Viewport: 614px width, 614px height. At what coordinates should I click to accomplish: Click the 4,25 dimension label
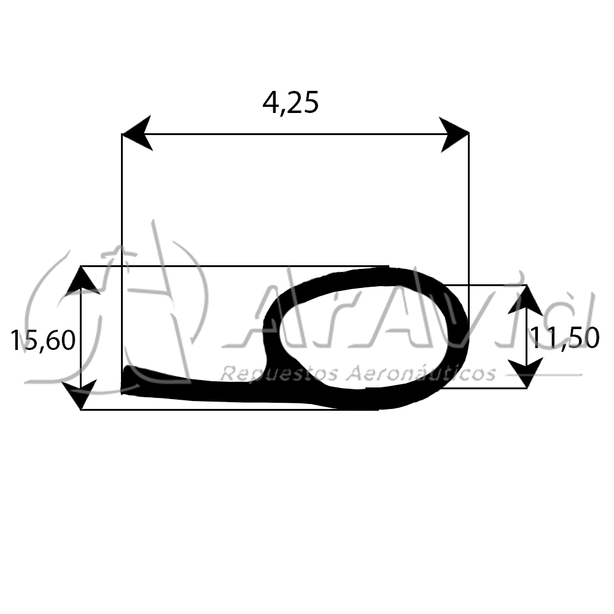point(290,103)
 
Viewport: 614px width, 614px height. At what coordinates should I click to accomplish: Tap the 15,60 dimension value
point(43,340)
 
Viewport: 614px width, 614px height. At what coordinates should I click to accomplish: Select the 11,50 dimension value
point(565,338)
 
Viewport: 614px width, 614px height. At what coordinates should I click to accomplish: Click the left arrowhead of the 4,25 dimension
point(137,133)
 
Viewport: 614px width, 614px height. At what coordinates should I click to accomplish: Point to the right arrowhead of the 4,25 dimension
point(454,134)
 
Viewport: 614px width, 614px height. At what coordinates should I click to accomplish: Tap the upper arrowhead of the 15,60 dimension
point(81,281)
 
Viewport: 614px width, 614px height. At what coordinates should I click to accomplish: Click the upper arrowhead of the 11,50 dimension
point(526,300)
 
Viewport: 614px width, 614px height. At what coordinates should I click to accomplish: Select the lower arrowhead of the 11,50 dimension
point(526,373)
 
